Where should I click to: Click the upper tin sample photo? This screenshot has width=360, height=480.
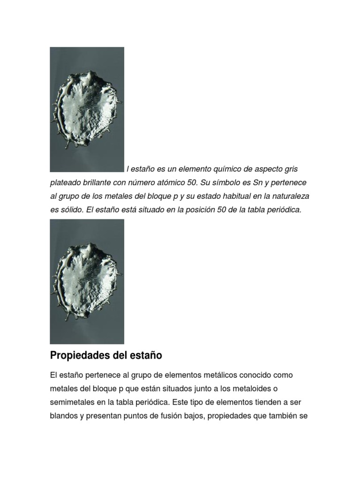pyautogui.click(x=87, y=109)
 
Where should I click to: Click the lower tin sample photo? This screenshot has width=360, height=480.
pyautogui.click(x=87, y=281)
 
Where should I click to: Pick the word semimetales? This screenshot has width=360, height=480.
pyautogui.click(x=74, y=402)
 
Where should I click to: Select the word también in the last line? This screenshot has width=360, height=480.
pyautogui.click(x=282, y=416)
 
